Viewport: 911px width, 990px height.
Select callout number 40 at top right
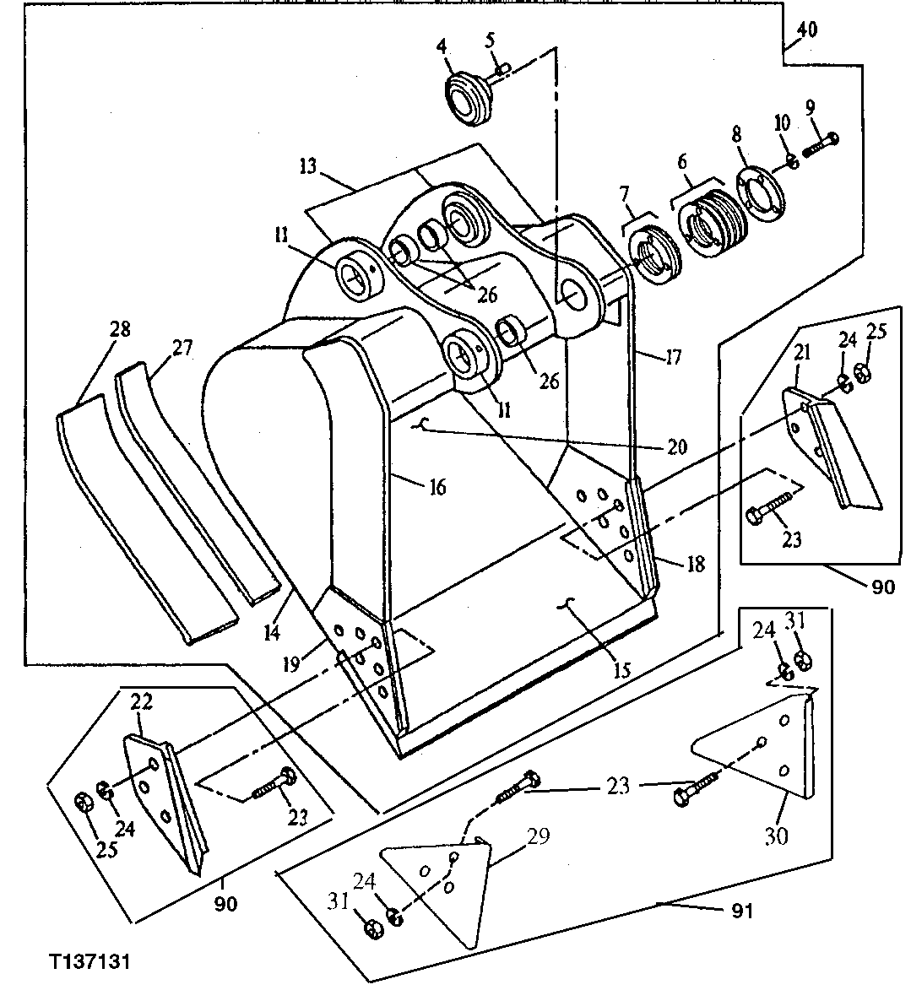click(x=806, y=30)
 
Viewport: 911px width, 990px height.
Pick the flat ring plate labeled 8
click(x=757, y=191)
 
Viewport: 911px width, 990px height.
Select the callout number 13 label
click(x=307, y=165)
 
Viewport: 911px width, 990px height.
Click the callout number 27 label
click(x=182, y=348)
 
